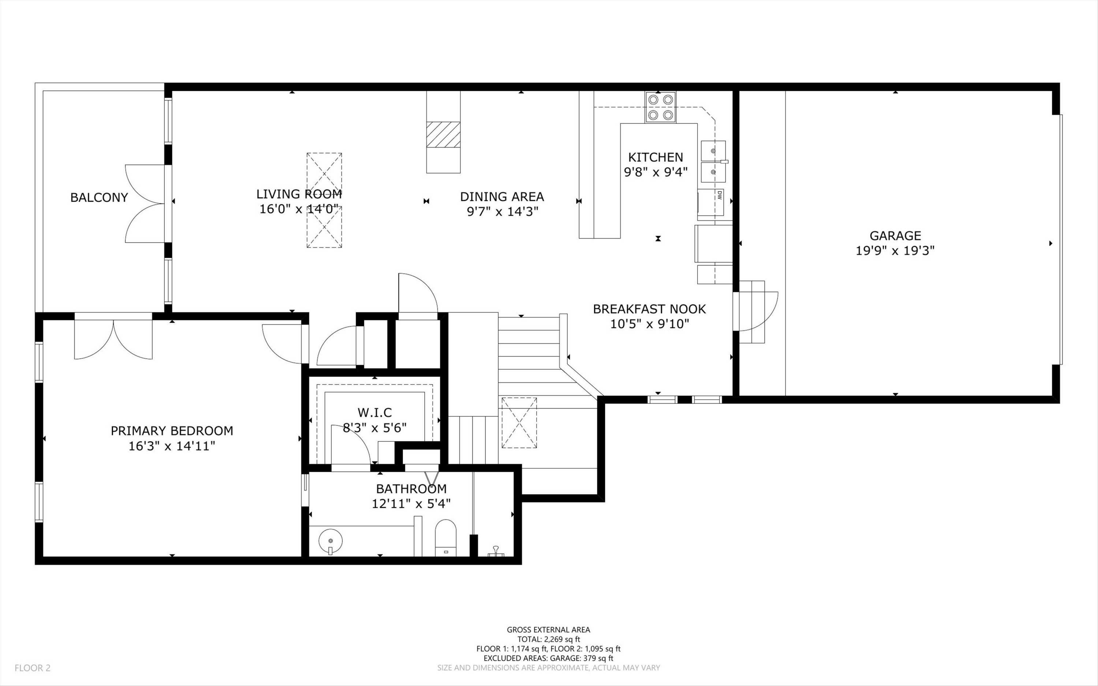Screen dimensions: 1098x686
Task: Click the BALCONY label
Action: pyautogui.click(x=99, y=197)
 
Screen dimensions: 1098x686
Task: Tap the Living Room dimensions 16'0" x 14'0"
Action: pyautogui.click(x=299, y=209)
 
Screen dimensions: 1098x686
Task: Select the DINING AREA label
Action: pyautogui.click(x=502, y=197)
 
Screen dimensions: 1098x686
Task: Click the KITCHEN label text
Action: pyautogui.click(x=656, y=157)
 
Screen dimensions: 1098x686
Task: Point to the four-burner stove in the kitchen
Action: pyautogui.click(x=660, y=107)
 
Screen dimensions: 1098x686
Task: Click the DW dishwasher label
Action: pyautogui.click(x=719, y=195)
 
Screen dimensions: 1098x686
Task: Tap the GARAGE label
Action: pyautogui.click(x=895, y=235)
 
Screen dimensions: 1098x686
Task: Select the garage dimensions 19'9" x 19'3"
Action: pyautogui.click(x=895, y=250)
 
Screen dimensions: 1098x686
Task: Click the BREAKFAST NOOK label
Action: pyautogui.click(x=649, y=309)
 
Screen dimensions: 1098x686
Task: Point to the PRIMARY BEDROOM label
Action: pyautogui.click(x=172, y=430)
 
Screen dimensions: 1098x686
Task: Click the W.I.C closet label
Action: pyautogui.click(x=375, y=413)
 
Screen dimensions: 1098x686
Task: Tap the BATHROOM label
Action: pyautogui.click(x=411, y=489)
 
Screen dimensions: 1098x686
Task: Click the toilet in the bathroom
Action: pyautogui.click(x=445, y=538)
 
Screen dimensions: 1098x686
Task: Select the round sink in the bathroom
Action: pyautogui.click(x=330, y=541)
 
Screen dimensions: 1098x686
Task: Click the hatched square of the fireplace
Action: pyautogui.click(x=443, y=134)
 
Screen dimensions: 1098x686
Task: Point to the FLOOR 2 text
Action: pyautogui.click(x=33, y=668)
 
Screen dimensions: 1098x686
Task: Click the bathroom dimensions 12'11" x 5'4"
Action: pyautogui.click(x=411, y=504)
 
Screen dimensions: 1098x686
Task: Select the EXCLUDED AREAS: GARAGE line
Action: pyautogui.click(x=548, y=658)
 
